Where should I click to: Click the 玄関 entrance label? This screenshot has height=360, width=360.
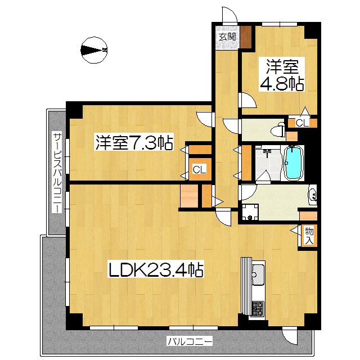(227, 37)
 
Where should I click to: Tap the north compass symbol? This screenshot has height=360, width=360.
(94, 50)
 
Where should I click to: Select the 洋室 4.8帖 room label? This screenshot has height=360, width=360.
(282, 75)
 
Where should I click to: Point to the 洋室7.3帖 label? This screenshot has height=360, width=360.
(134, 143)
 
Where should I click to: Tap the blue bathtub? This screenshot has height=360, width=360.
(293, 163)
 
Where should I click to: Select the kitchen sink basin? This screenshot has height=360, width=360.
(258, 274)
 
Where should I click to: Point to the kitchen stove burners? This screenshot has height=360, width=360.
(258, 308)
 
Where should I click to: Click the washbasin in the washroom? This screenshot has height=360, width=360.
(313, 195)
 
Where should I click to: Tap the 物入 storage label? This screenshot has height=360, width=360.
(309, 236)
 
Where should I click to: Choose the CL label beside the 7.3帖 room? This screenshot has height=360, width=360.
(199, 170)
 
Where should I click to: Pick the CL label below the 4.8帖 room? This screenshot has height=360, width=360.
(302, 123)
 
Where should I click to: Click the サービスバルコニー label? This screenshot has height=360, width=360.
(57, 172)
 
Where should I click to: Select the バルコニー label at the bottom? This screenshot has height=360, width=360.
(190, 341)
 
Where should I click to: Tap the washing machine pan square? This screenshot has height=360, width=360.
(250, 212)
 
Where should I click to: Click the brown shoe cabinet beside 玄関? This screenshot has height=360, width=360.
(246, 38)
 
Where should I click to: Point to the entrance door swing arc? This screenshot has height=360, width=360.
(229, 15)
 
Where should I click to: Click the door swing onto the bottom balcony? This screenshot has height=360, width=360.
(290, 337)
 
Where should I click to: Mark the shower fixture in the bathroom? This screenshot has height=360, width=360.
(267, 152)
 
